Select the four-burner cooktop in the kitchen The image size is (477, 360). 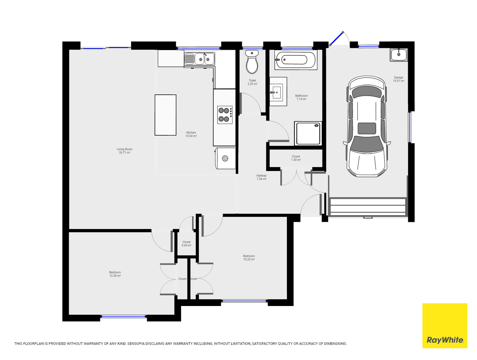tap(225, 115)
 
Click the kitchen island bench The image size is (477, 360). tap(165, 115)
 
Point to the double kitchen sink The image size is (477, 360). tap(199, 59)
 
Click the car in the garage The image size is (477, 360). tap(367, 126)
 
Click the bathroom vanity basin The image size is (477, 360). tap(278, 92)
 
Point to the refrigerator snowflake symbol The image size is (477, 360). tap(225, 158)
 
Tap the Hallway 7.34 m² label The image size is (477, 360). tap(261, 177)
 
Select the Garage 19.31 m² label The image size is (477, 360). tap(398, 79)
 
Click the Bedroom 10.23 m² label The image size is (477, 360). tap(249, 258)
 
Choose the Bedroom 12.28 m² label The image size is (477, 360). tap(115, 274)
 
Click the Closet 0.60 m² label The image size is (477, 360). tap(187, 244)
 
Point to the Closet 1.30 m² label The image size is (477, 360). tap(296, 158)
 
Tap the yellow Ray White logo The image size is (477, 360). tap(445, 325)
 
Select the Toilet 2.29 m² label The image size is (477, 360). tap(252, 82)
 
